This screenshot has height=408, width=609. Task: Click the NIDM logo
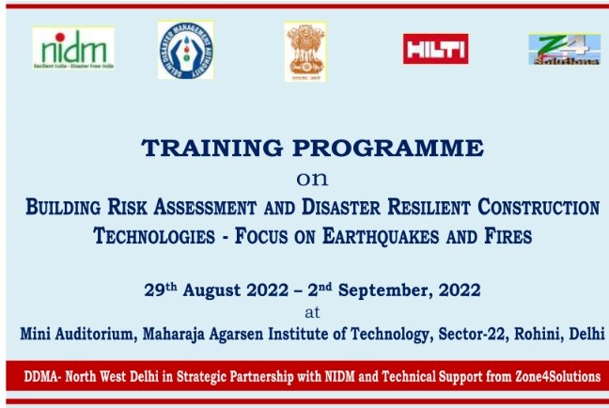[x=72, y=47]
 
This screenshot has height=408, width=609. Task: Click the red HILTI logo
[x=435, y=48]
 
